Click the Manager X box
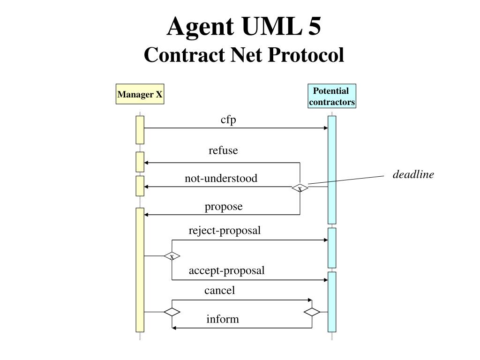coord(140,94)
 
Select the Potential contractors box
coord(332,96)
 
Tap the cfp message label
coord(228,120)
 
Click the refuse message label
coord(223,150)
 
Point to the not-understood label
coord(221,178)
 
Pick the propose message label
coord(224,207)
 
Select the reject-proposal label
coord(225,231)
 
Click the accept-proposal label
coord(226,270)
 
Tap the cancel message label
coord(219,290)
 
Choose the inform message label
coord(223,319)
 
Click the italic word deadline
coord(413,174)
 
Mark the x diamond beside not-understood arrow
coord(300,188)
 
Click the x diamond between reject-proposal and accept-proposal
coord(172,256)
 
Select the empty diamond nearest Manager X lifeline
coord(172,312)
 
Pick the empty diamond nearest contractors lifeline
coord(312,312)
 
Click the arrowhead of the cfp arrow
coord(326,128)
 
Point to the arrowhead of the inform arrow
coord(174,328)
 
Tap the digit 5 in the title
coord(314,26)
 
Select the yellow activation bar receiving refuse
coord(140,162)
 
